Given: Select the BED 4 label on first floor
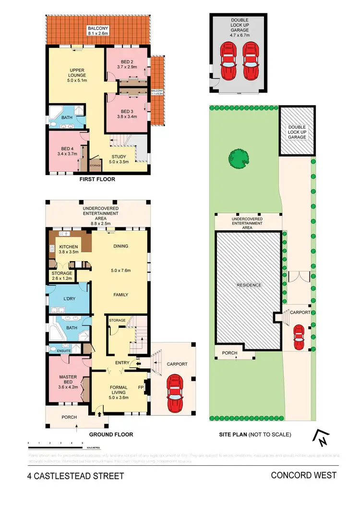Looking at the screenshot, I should (63, 149).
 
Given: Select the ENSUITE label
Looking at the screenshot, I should (64, 351).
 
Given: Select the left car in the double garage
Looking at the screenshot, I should (228, 61).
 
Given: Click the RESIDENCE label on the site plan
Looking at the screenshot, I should (249, 285).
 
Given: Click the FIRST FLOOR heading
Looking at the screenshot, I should (98, 179).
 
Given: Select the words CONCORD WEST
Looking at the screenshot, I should (303, 475).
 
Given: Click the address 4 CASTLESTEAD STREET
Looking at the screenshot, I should (75, 476).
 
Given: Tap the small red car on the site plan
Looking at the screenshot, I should (298, 337).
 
